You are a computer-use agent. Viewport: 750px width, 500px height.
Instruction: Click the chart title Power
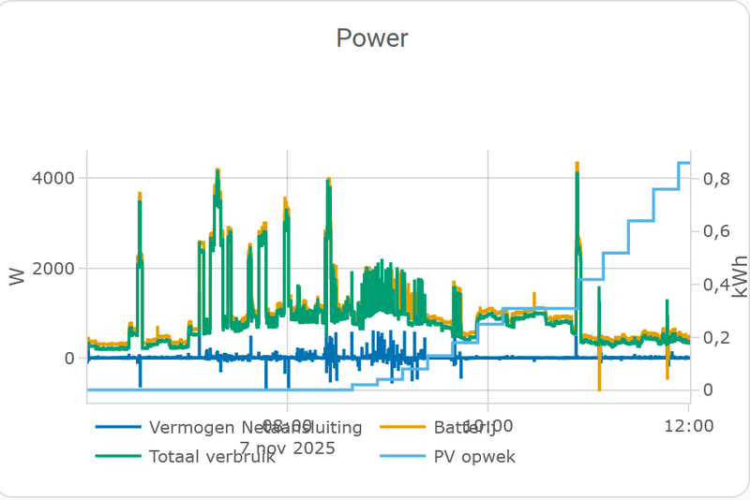click(x=372, y=38)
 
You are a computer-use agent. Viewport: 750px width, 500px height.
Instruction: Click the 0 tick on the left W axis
click(x=69, y=359)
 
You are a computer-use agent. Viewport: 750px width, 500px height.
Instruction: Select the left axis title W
click(x=17, y=276)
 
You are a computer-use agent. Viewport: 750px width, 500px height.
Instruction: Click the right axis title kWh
click(x=740, y=276)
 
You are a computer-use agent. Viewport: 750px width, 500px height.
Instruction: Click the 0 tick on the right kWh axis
click(x=706, y=390)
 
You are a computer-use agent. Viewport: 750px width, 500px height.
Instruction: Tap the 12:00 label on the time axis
click(x=688, y=427)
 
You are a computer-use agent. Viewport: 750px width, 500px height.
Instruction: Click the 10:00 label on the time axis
click(x=487, y=427)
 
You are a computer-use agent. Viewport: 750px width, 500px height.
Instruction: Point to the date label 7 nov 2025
click(x=287, y=448)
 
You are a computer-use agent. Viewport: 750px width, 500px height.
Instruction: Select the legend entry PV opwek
click(x=474, y=458)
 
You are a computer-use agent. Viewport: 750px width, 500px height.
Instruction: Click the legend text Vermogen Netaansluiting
click(x=256, y=428)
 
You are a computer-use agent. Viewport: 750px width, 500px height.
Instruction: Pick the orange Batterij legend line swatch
click(x=402, y=428)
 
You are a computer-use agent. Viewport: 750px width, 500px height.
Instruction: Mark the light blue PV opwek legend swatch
click(x=402, y=458)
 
